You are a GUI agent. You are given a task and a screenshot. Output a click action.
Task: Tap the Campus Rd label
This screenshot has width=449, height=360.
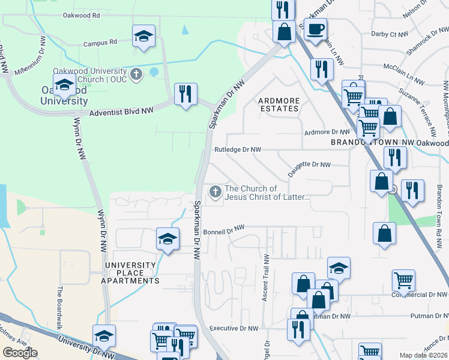(x=100, y=43)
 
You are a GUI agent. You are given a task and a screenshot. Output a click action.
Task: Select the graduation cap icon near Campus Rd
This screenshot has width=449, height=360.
(x=143, y=36)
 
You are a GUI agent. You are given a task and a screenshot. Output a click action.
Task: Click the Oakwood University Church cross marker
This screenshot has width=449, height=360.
(x=136, y=74)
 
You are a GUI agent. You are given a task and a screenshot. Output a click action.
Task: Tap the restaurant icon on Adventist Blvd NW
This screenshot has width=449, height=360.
(x=185, y=94)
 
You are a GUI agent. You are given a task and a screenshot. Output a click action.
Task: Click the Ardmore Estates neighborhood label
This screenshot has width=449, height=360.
(x=278, y=104)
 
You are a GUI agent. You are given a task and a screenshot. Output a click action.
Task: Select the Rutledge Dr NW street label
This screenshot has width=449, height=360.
(x=238, y=149)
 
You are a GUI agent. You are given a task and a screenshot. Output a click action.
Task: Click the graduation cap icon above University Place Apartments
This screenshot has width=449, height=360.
(x=167, y=239)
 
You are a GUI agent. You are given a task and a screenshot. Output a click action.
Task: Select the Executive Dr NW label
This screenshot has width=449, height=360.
(x=234, y=328)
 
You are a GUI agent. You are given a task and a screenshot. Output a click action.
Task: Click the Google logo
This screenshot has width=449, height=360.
(x=20, y=352)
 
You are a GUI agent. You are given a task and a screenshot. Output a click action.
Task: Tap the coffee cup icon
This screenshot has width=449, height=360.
(x=315, y=29)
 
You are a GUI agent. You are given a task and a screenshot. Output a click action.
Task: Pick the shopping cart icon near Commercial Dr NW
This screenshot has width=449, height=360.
(x=403, y=280)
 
